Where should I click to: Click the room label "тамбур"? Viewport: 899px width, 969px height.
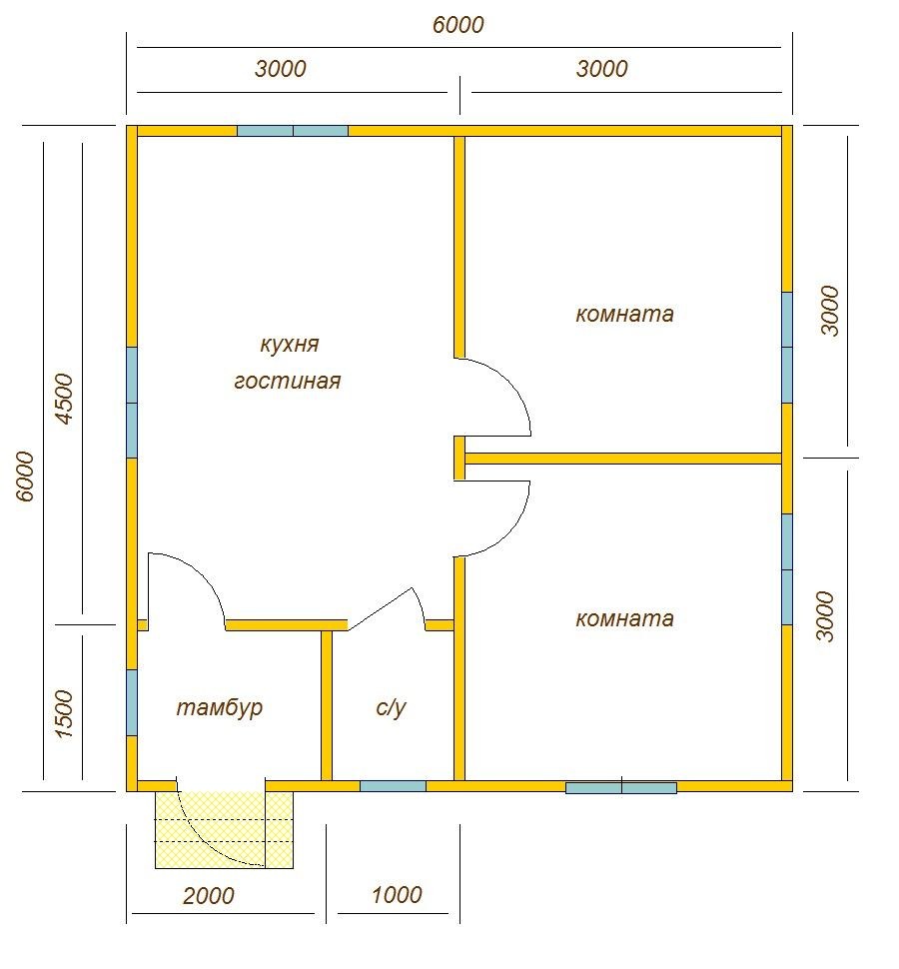[220, 708]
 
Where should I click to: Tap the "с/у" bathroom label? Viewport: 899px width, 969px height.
[391, 707]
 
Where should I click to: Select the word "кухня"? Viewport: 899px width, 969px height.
[289, 345]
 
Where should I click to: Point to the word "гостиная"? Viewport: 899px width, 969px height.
[288, 381]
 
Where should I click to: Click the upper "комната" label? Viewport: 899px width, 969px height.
[624, 314]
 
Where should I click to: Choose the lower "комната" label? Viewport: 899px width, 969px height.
[624, 618]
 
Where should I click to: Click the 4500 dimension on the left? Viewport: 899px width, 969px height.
[64, 398]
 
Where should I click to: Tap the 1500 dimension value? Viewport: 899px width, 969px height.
[64, 714]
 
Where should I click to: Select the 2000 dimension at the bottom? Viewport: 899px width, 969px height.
[209, 895]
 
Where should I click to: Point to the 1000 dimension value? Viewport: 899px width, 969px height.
[397, 894]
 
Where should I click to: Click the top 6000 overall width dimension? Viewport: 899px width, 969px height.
[457, 25]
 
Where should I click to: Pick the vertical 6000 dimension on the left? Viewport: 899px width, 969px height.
[25, 476]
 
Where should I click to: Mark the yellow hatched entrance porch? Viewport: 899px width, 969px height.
[224, 830]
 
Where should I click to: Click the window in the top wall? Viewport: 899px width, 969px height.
[293, 131]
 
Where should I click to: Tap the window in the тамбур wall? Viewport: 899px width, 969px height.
[132, 702]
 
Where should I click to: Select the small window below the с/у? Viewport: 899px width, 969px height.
[393, 786]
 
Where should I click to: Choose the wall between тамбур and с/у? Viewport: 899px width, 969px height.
[327, 705]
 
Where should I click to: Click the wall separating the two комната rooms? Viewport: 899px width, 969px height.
[623, 459]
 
